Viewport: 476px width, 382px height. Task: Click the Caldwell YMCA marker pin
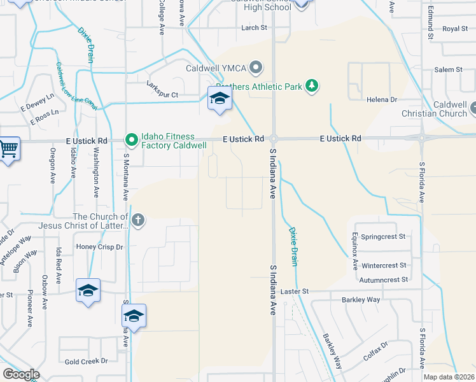point(256,67)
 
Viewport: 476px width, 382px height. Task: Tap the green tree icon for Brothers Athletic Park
point(311,85)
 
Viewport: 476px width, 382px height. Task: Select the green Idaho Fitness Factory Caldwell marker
point(131,139)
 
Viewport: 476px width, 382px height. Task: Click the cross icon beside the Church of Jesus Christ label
point(138,221)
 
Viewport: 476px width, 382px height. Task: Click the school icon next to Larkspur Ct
point(220,98)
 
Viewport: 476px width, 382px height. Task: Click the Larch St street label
point(254,28)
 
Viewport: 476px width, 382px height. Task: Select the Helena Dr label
point(381,100)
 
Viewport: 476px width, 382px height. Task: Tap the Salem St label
point(448,69)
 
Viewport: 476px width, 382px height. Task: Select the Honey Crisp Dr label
point(99,247)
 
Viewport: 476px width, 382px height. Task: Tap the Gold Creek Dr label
point(86,361)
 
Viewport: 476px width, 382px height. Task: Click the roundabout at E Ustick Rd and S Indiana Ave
point(274,139)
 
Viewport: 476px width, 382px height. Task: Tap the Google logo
point(21,374)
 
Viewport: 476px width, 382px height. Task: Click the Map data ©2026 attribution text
point(448,377)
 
